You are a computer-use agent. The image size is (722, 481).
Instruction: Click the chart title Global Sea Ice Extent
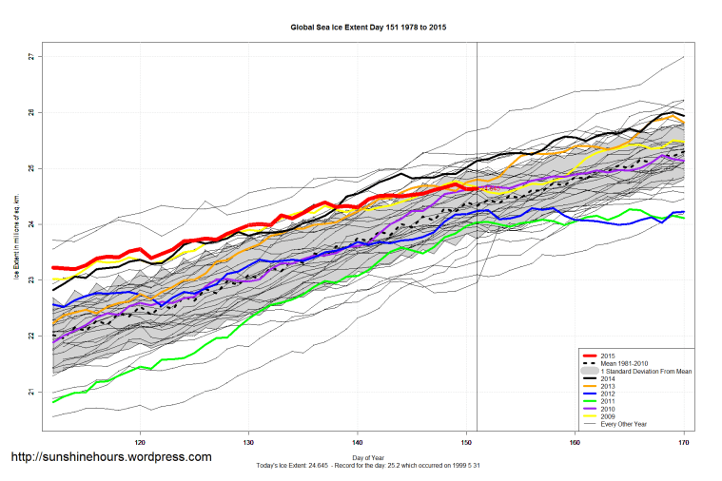[x=368, y=28]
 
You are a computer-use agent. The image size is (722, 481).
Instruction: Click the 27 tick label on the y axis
[x=30, y=57]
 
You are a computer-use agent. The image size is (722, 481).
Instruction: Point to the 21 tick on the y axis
[x=30, y=392]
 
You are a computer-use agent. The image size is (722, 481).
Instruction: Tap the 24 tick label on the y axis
[x=30, y=224]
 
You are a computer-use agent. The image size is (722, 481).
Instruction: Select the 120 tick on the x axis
[x=140, y=442]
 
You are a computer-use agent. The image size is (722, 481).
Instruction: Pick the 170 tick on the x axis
[x=683, y=442]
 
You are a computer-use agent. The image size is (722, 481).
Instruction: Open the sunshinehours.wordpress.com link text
[x=110, y=457]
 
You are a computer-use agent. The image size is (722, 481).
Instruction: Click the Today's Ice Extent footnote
[x=368, y=467]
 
